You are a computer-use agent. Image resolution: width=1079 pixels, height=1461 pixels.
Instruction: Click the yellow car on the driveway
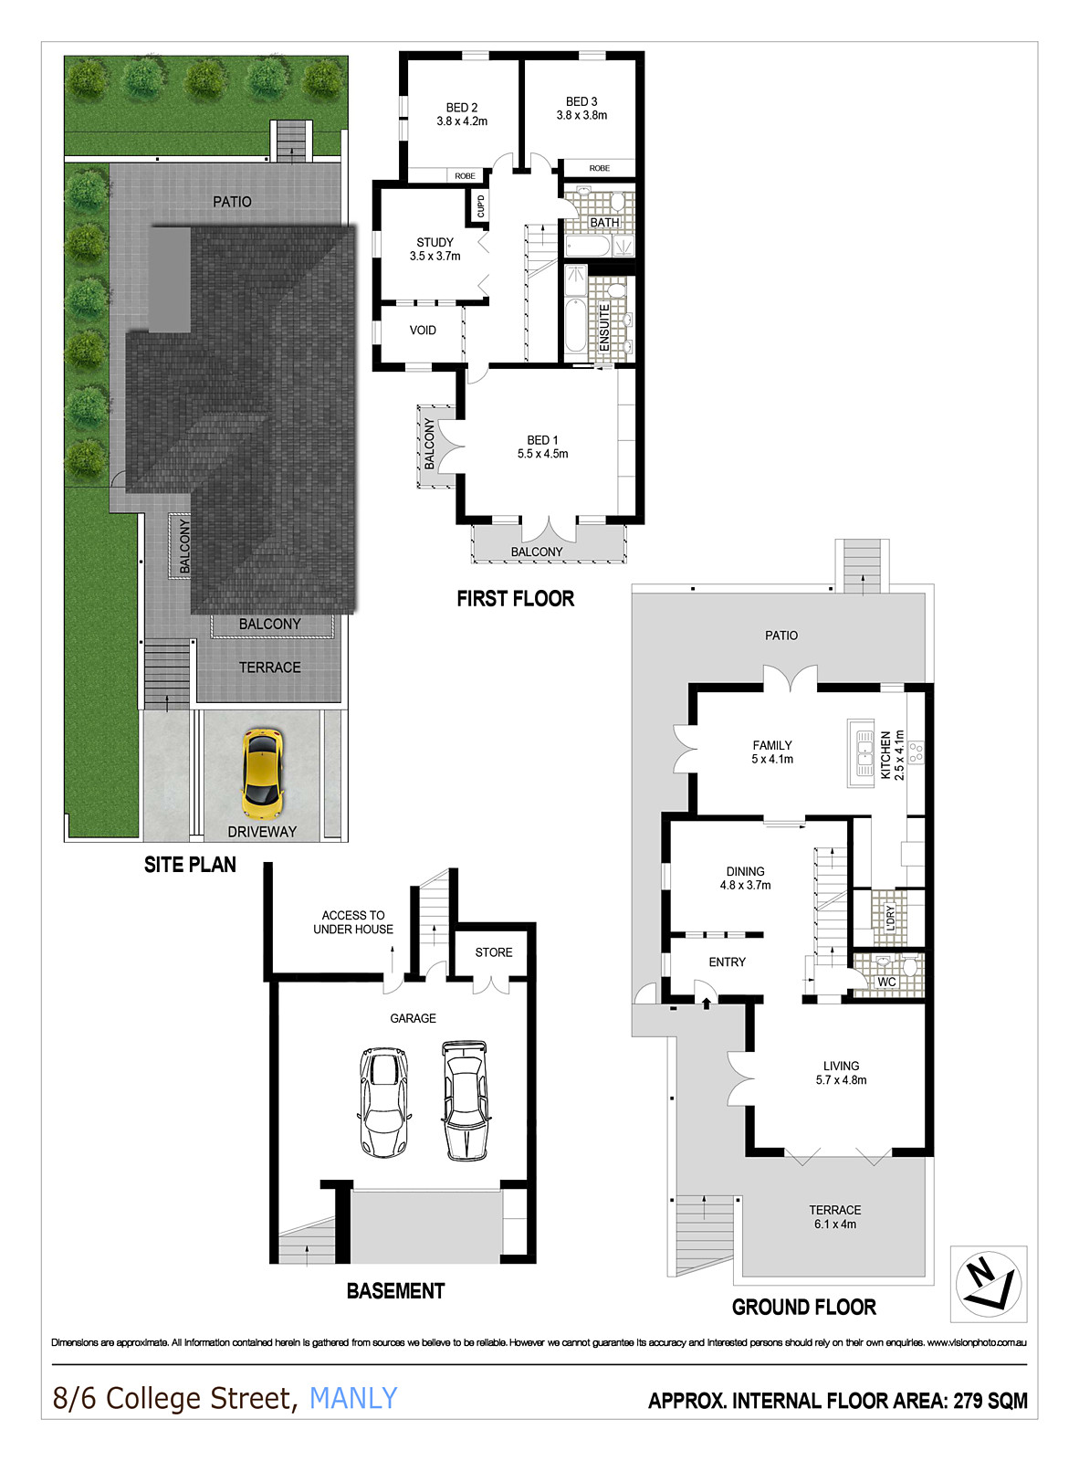click(x=262, y=773)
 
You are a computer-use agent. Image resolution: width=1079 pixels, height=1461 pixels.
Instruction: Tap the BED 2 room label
click(x=462, y=108)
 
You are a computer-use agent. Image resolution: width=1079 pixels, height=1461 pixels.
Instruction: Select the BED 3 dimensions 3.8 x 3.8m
click(x=581, y=116)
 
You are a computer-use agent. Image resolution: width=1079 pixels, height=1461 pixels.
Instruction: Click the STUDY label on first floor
click(x=435, y=242)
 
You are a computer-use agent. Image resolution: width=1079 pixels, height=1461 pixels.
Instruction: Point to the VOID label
click(x=423, y=331)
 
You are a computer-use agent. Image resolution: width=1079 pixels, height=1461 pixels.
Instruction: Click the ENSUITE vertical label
click(x=604, y=327)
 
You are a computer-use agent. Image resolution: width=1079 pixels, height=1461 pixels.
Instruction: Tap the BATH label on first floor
click(x=604, y=223)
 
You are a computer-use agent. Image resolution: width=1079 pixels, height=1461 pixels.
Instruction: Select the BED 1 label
click(x=542, y=440)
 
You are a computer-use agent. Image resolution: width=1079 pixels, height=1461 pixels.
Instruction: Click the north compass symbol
click(x=988, y=1283)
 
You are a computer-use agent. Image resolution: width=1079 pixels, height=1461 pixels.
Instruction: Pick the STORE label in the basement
click(x=494, y=952)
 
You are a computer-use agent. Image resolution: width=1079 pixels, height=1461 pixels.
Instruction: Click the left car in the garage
click(x=383, y=1101)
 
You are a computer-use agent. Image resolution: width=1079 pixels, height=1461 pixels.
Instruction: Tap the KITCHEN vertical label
click(x=885, y=754)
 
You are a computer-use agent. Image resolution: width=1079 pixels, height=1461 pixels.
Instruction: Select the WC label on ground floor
click(x=886, y=983)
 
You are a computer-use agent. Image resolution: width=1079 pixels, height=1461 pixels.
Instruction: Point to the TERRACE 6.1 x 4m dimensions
click(x=835, y=1225)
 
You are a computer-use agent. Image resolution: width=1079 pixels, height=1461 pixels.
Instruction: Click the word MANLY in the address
click(x=353, y=1398)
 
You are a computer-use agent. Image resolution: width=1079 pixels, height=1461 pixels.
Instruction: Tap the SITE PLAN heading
click(x=190, y=865)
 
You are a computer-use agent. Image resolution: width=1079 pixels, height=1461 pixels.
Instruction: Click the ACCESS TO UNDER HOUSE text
click(x=353, y=922)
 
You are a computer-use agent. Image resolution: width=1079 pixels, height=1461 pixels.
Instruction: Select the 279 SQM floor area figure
click(x=990, y=1401)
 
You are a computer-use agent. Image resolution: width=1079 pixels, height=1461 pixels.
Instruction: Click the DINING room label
click(x=745, y=871)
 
